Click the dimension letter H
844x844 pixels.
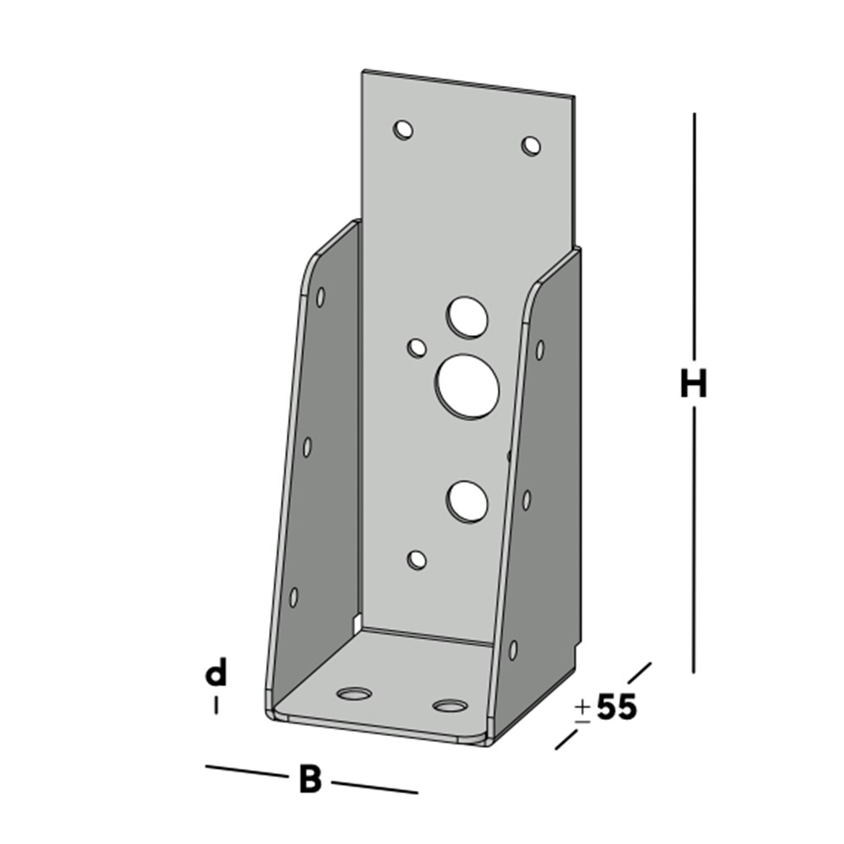pos(693,385)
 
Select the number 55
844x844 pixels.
pos(617,707)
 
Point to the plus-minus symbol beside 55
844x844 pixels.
pos(582,710)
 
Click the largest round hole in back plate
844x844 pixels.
pos(468,385)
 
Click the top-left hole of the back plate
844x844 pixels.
pos(403,130)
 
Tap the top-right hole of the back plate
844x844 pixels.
pos(531,145)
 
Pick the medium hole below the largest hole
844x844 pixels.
pos(468,500)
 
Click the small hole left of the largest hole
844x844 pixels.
pos(416,347)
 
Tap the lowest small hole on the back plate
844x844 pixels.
pos(416,559)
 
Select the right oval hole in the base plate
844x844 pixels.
pos(450,705)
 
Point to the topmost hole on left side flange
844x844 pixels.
pos(321,296)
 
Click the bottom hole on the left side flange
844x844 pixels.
pos(294,597)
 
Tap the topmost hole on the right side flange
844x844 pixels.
pos(539,349)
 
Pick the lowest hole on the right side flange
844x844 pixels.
pos(512,650)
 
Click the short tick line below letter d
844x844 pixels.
pos(216,705)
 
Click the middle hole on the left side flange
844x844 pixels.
pos(307,446)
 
